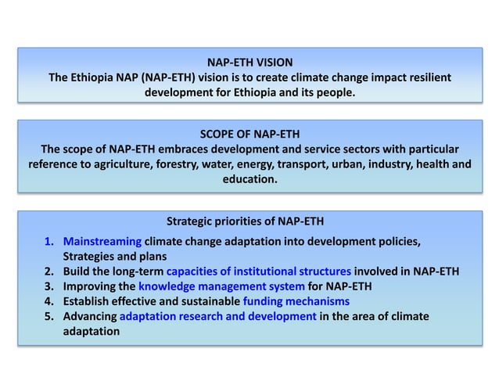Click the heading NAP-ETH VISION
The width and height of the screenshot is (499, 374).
point(249,62)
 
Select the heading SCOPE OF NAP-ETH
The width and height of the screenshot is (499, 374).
point(249,132)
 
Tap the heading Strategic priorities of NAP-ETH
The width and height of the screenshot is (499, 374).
point(245,221)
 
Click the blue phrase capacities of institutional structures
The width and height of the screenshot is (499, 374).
point(258,271)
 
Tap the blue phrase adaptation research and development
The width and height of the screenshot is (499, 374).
point(218,316)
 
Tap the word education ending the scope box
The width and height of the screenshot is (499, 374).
point(249,180)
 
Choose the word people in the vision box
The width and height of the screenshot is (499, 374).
point(332,95)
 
